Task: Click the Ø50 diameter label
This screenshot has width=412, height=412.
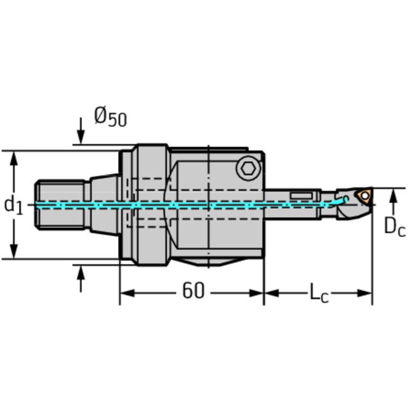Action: pos(111,117)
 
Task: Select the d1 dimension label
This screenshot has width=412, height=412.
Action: pos(13,205)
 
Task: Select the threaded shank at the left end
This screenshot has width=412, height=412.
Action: pos(60,205)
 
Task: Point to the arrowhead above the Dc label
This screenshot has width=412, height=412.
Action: pos(394,196)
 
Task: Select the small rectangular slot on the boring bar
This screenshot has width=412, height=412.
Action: pos(302,194)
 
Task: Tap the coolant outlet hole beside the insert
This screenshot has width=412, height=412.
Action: pos(346,199)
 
